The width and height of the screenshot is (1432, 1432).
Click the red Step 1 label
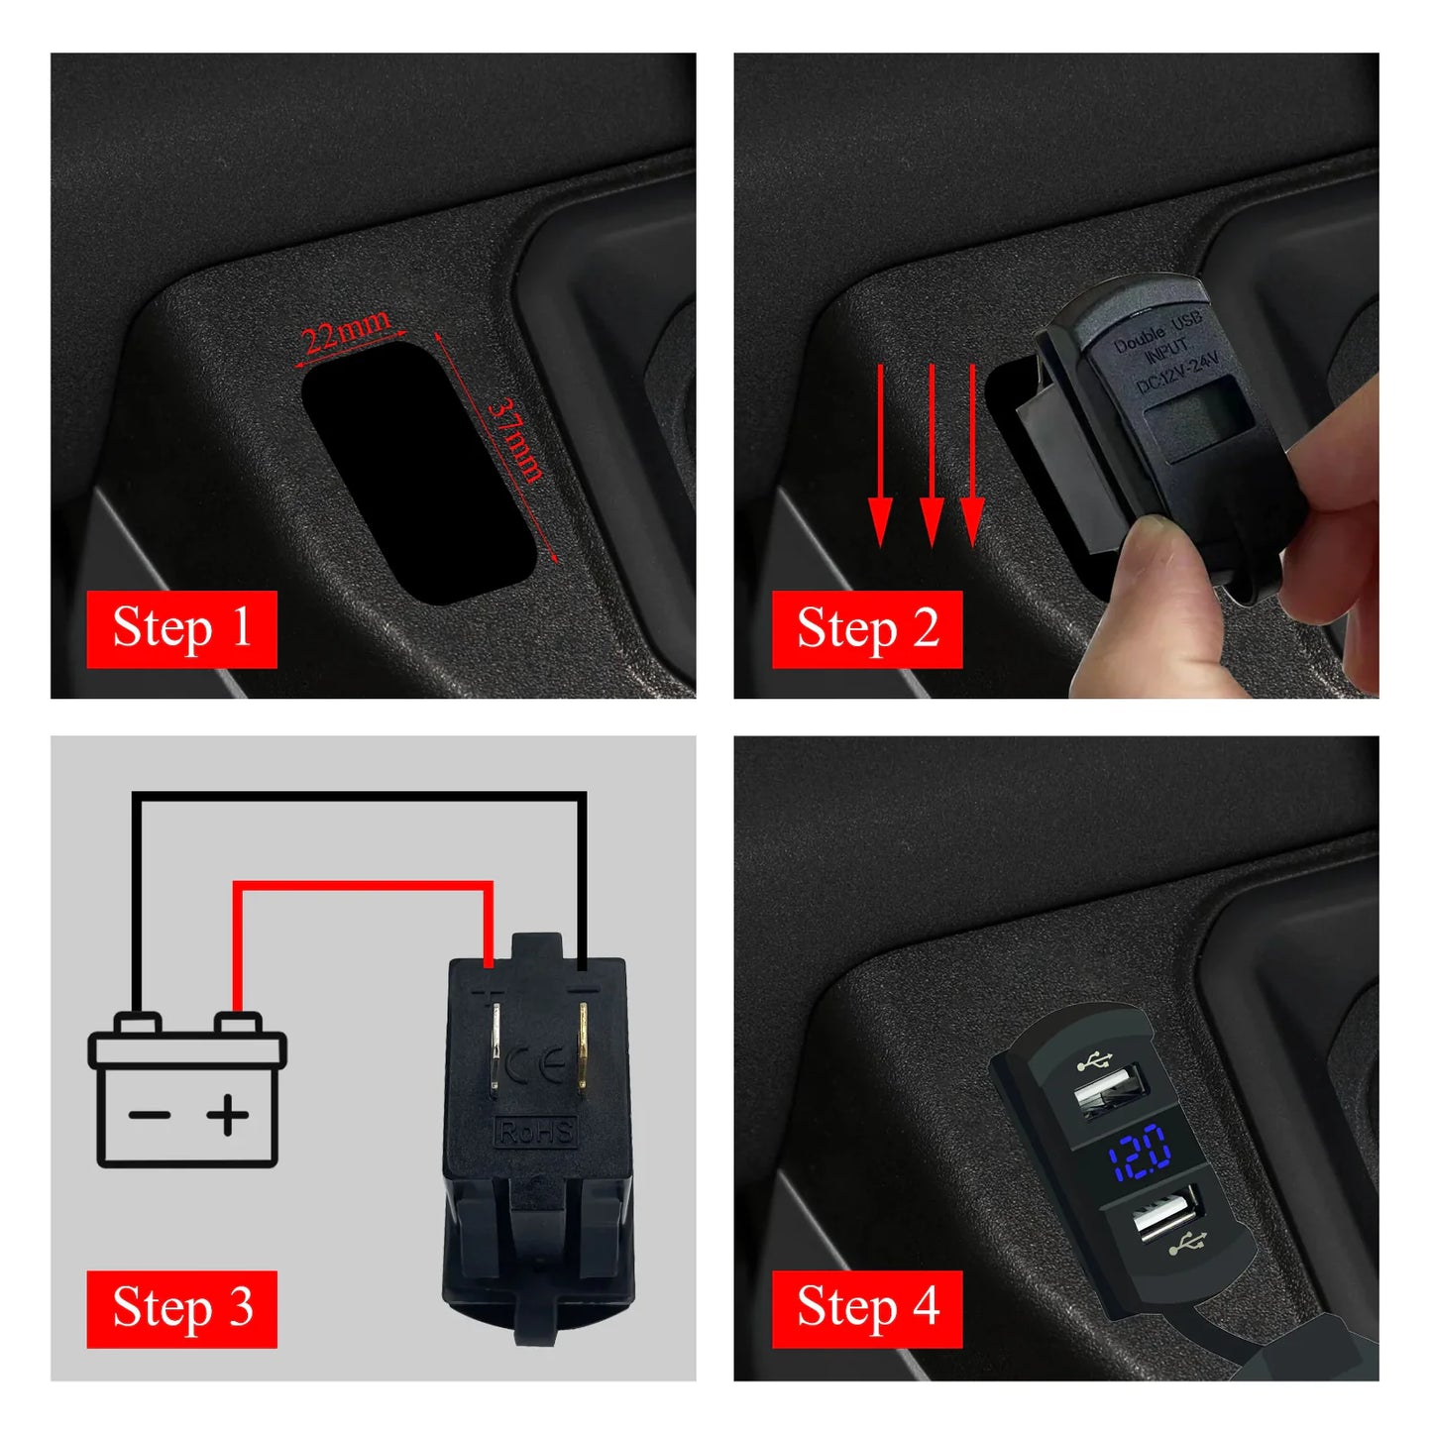click(x=181, y=629)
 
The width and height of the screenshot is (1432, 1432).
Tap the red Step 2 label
click(x=867, y=629)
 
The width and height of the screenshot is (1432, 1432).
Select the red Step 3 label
click(x=181, y=1308)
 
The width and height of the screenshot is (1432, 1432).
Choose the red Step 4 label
click(x=867, y=1308)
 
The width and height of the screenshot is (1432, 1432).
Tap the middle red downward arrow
click(x=932, y=456)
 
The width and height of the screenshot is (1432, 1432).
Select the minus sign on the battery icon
click(x=149, y=1116)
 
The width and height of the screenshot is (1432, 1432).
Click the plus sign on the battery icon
click(x=228, y=1116)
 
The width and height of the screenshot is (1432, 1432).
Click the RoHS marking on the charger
click(x=535, y=1131)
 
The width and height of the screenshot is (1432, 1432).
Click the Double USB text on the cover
click(x=1157, y=331)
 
